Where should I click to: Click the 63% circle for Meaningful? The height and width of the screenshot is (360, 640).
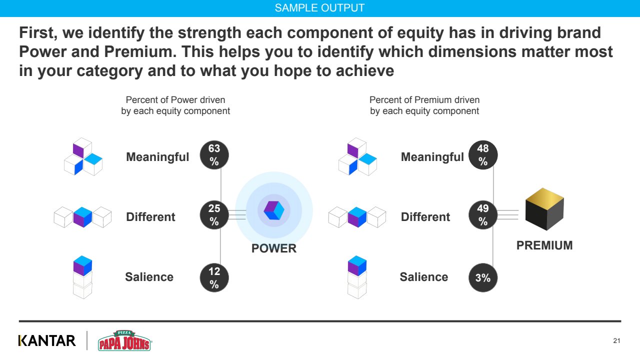(x=214, y=155)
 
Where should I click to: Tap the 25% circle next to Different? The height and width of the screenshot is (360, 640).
(x=214, y=215)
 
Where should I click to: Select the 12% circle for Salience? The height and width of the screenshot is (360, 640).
(x=214, y=277)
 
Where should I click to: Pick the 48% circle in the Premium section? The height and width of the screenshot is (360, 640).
(x=483, y=155)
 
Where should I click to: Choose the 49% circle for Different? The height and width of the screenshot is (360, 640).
(x=483, y=215)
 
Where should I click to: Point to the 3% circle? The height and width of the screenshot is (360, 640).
(x=483, y=277)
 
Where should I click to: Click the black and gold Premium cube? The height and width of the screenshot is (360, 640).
(x=544, y=209)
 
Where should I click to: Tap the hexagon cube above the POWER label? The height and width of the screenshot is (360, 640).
(x=273, y=210)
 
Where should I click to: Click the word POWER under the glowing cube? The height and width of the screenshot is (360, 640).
(x=273, y=248)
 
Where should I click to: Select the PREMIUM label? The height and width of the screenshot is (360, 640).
(x=544, y=245)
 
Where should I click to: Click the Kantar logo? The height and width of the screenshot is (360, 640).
(x=47, y=340)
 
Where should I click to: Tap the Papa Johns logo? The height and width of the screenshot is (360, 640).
(x=124, y=340)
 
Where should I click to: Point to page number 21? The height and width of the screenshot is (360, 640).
(x=616, y=340)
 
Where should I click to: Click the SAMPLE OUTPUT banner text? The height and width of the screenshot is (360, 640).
(x=319, y=8)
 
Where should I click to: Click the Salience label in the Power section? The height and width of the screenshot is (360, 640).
(x=149, y=277)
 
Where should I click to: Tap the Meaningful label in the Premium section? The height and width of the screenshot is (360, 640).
(x=432, y=157)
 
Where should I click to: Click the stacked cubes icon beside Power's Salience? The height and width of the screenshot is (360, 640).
(x=82, y=277)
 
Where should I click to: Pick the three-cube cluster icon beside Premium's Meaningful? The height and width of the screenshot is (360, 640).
(x=357, y=156)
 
